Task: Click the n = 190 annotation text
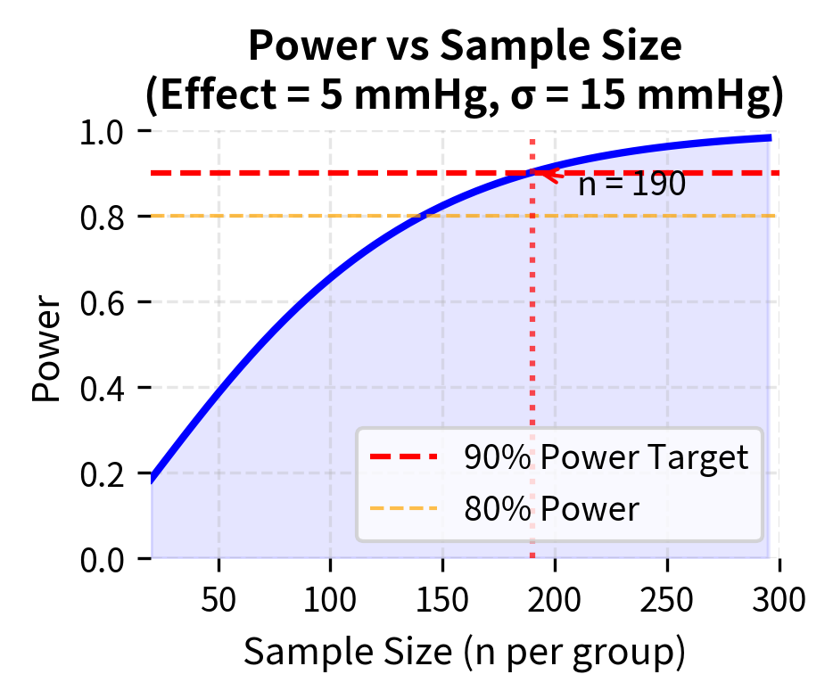631,185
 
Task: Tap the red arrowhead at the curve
537,174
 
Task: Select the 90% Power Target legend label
605,457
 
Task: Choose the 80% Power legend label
551,509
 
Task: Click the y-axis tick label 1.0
105,132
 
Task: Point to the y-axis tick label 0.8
105,218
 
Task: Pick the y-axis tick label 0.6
105,303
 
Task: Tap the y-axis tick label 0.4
105,389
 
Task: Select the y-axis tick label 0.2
105,474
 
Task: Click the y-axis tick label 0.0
105,560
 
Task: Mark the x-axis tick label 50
219,598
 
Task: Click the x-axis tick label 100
331,598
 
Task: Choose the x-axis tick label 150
443,598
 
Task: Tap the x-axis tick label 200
556,598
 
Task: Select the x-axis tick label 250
668,598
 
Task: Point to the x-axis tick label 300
779,598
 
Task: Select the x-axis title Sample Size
464,653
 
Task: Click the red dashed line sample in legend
404,457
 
